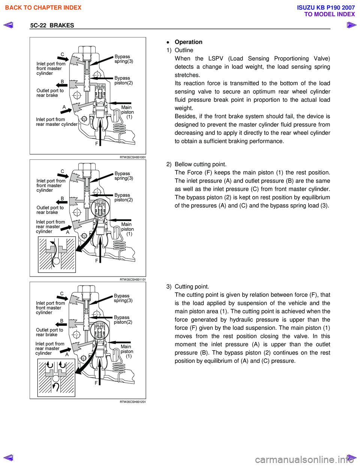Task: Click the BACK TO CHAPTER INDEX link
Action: [x=43, y=8]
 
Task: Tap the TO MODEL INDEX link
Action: [x=329, y=14]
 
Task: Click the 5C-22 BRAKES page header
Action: [x=52, y=26]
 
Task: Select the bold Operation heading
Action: [x=188, y=42]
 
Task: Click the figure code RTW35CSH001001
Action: [x=133, y=157]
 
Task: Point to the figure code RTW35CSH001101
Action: [x=133, y=280]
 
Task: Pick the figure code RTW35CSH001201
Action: [x=133, y=402]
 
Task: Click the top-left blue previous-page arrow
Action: [x=8, y=25]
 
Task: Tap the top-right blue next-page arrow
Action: [x=351, y=25]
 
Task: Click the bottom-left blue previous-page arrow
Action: [x=8, y=457]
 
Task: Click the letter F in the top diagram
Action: [x=96, y=144]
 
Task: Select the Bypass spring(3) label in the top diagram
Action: [x=124, y=59]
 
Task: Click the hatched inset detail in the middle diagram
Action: [x=57, y=254]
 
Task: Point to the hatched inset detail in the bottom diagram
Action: [x=56, y=377]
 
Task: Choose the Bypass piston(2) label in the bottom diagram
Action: [x=123, y=320]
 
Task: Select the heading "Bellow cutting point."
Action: [x=201, y=164]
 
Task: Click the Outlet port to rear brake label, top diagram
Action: [x=50, y=93]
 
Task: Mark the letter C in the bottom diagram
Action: [x=62, y=294]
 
